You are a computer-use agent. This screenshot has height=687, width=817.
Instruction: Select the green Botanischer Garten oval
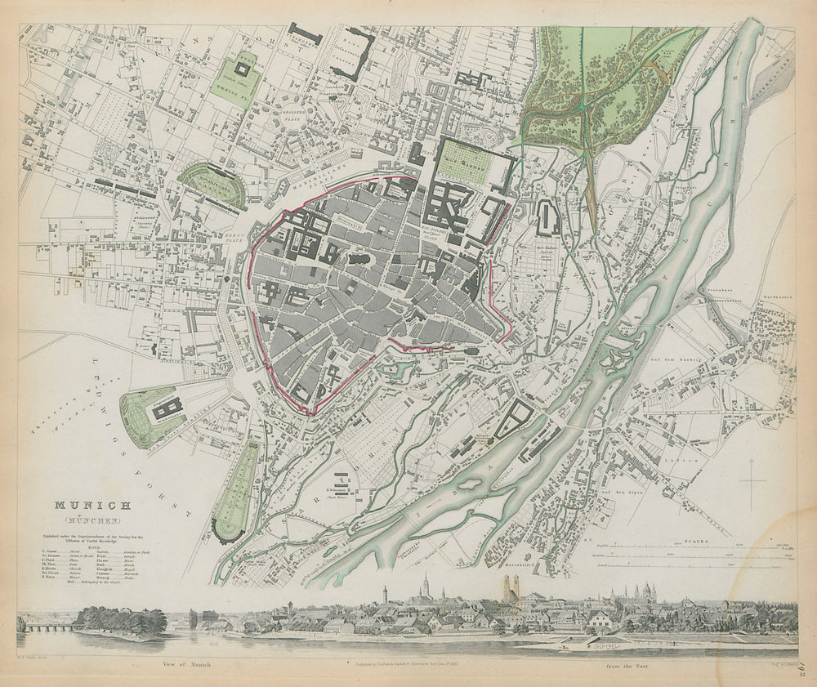212,183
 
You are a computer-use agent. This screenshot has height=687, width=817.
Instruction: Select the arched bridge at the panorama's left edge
47,627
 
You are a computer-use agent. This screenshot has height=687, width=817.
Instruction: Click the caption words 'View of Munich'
187,663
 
